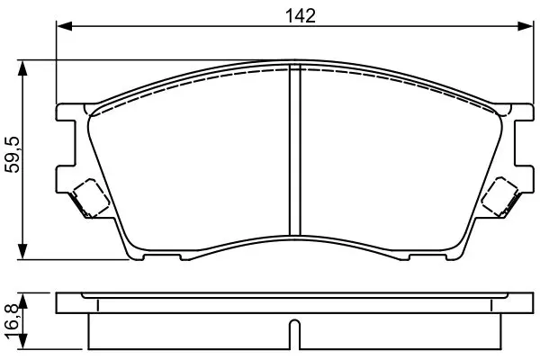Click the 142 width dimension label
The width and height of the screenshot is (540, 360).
[301, 16]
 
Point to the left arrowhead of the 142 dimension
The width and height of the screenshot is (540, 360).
[65, 26]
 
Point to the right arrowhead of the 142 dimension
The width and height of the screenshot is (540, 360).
[526, 26]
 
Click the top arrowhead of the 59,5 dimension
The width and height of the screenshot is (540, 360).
[22, 69]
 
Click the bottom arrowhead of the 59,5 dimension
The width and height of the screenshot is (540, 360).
[22, 251]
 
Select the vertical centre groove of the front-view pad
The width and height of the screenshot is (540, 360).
[295, 150]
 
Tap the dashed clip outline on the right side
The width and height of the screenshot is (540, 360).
[499, 197]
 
